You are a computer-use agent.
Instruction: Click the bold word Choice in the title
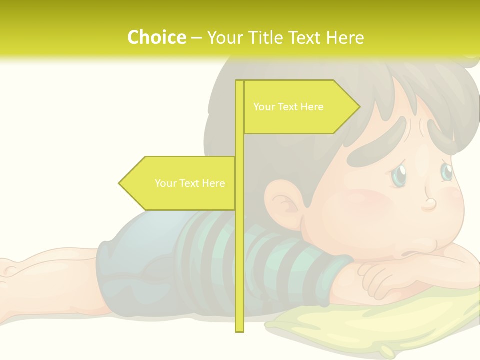point(156,37)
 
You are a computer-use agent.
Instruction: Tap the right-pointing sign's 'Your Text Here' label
point(288,107)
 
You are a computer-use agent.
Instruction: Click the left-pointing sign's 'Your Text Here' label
point(190,183)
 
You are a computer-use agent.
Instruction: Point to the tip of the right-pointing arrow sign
point(359,106)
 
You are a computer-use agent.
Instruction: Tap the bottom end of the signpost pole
point(239,329)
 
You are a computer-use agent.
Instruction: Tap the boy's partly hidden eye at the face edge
point(446,171)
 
